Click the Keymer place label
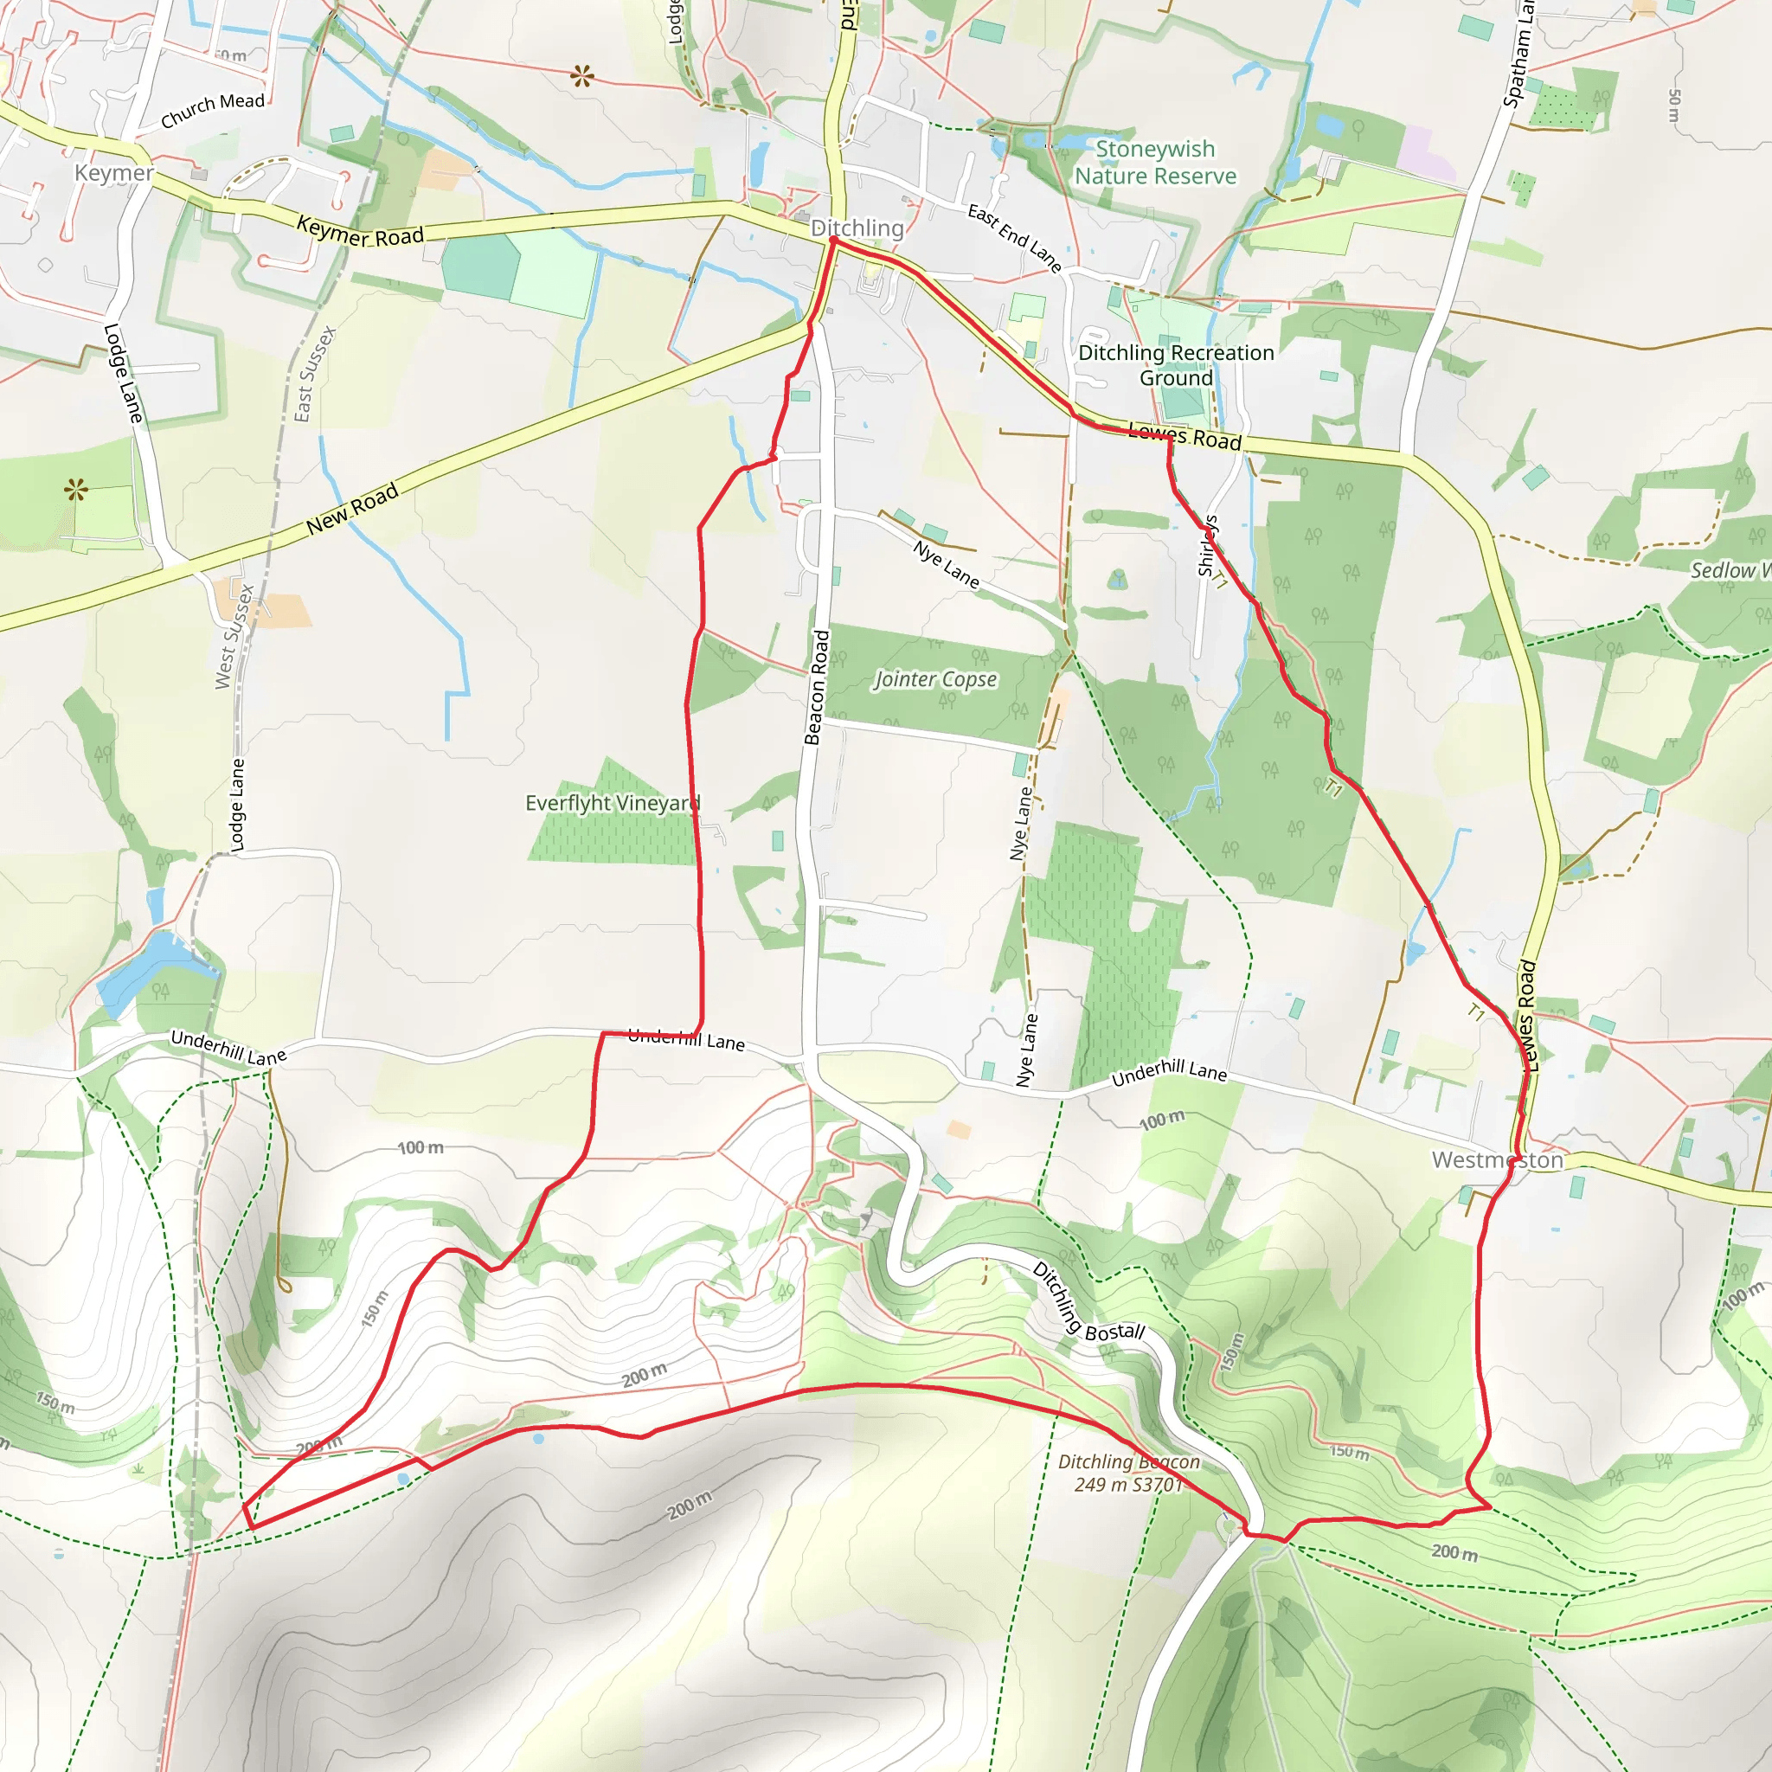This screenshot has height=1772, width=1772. [113, 172]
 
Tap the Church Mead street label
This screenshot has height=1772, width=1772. [212, 110]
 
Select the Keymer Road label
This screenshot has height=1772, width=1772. [360, 231]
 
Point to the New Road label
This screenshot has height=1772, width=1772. [352, 507]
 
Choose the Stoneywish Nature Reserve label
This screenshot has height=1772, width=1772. [1155, 163]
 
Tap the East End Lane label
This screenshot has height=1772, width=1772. [1014, 238]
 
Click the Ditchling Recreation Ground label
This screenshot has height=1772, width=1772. [1176, 365]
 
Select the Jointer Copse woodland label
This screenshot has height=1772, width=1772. [934, 679]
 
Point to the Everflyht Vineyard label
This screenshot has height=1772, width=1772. [613, 804]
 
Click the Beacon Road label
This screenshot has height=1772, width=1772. [817, 687]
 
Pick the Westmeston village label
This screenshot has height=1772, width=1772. [1497, 1160]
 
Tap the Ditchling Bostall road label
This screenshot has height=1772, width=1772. [1088, 1303]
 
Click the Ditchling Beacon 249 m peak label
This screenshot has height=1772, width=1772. [1128, 1473]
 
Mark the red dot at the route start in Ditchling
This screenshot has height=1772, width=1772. [833, 241]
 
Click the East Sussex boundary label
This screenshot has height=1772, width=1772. [316, 374]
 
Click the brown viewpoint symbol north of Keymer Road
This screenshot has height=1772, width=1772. [581, 76]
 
